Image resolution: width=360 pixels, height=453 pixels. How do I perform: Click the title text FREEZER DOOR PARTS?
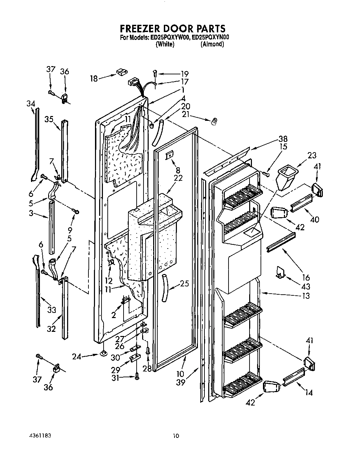172,28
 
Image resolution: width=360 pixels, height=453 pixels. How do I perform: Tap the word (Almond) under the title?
212,44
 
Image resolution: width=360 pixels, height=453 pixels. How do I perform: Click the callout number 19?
184,73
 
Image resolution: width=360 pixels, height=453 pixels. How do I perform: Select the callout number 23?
311,155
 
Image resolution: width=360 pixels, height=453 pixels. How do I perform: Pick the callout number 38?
283,139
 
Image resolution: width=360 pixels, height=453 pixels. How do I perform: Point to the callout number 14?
309,392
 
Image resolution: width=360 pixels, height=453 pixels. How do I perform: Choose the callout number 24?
77,357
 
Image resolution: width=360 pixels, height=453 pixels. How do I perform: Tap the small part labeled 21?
214,121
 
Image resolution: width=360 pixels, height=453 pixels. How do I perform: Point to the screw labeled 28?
148,350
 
